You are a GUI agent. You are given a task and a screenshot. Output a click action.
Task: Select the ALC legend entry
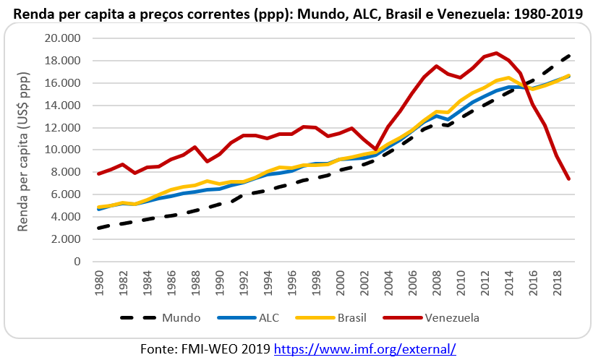point(269,317)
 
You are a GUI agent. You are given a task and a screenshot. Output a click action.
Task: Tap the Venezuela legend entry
point(452,317)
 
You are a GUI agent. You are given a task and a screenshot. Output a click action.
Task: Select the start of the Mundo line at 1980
point(100,228)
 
